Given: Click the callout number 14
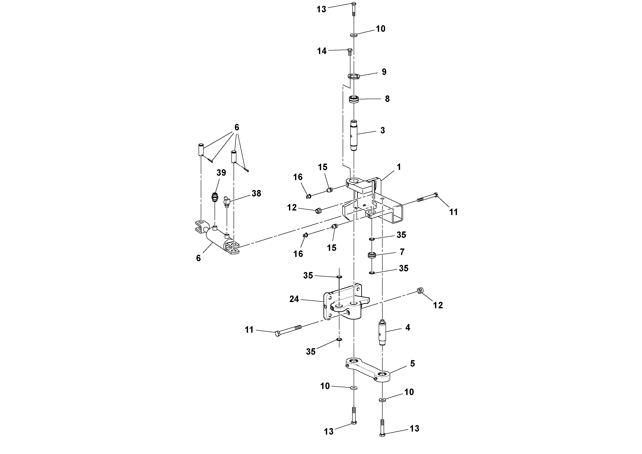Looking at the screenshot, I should pos(322,51).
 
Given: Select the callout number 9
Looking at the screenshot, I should pos(384,72).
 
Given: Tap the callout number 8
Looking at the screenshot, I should pos(387,99).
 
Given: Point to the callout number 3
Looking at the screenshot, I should pos(383,130).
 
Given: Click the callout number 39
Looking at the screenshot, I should pos(221,173).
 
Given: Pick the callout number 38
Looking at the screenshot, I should pos(256,193).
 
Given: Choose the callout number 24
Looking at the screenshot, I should pos(294,299).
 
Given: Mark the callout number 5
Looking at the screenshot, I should pos(412,364).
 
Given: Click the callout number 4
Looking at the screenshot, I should pos(408,327).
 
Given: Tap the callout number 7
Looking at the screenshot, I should pos(402,252).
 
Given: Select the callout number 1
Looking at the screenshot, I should pos(399,167).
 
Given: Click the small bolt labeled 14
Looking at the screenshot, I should pos(350,52).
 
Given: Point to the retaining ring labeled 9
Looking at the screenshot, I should pos(353,76).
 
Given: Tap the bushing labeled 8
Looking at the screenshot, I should pos(354,99).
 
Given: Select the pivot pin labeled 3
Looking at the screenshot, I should pos(354,135).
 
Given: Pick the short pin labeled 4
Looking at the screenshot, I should pos(382,333).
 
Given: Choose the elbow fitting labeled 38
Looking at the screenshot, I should pos(226,203).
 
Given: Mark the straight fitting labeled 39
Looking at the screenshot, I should pos(215,197).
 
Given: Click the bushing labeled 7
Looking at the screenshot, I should pos(372,255).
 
